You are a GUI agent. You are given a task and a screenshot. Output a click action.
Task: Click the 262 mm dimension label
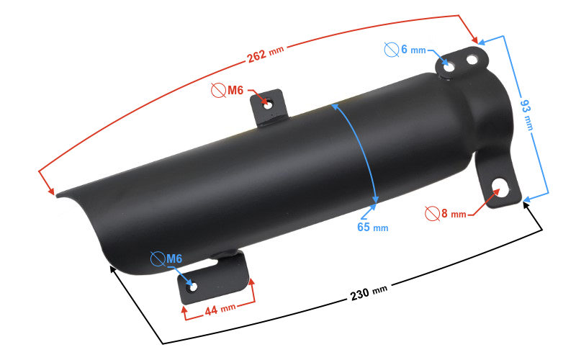pos(266,54)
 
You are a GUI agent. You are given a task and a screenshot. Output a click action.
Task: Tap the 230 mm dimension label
pos(369,292)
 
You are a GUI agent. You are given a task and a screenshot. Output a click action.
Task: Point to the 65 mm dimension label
pos(372,228)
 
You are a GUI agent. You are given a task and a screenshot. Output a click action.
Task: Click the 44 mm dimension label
pos(220,309)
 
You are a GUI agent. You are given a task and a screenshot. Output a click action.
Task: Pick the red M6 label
pos(237,91)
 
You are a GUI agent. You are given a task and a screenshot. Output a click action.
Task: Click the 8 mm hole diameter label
pos(454,214)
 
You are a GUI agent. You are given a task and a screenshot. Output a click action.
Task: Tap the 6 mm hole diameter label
pos(413,50)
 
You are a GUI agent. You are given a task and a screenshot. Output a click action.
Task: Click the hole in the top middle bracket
pos(268,104)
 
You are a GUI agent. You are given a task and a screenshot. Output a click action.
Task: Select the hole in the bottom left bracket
pos(192,287)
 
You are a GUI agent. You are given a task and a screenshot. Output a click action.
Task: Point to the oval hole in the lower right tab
pos(498,190)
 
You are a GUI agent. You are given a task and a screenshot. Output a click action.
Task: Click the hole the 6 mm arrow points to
pos(451,63)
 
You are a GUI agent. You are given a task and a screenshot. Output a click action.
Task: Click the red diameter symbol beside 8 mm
pos(432,213)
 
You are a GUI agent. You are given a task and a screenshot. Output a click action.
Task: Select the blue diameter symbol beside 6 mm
pos(392,50)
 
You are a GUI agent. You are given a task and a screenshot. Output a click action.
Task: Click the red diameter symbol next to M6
pos(218,91)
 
